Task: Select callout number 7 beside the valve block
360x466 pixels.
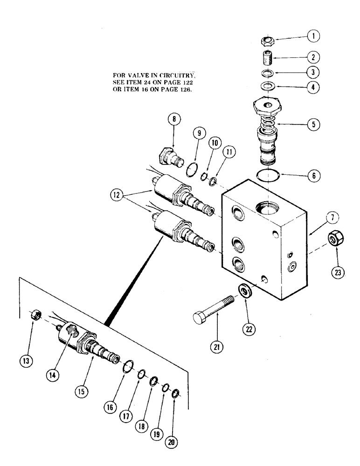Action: [335, 218]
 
